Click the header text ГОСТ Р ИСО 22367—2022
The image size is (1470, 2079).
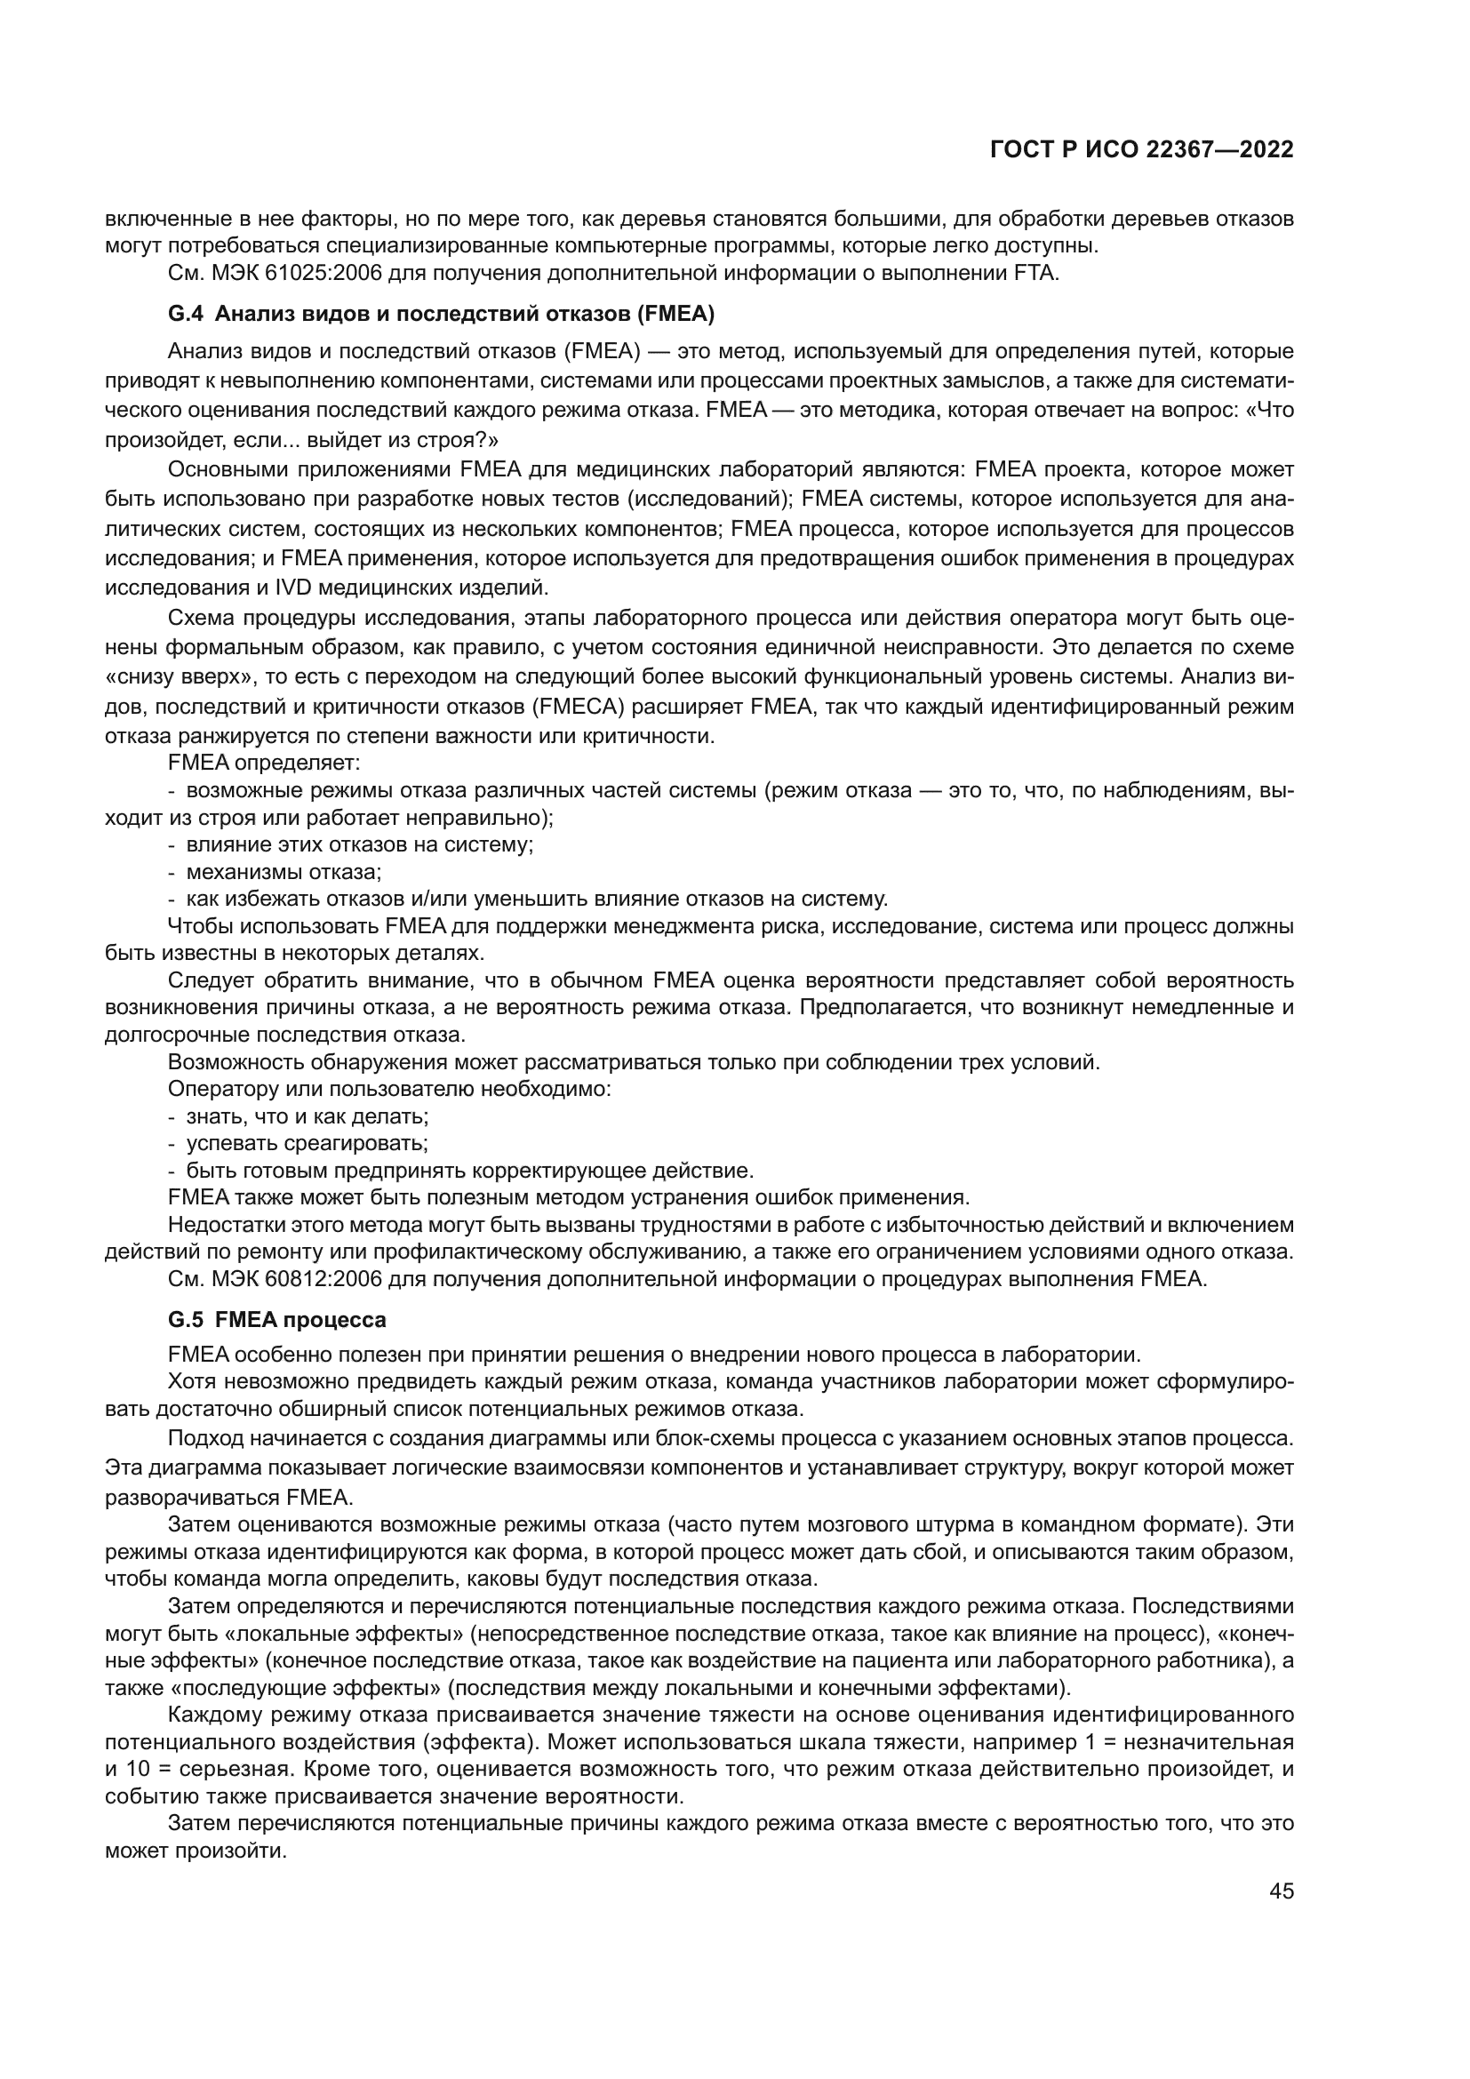pos(1141,150)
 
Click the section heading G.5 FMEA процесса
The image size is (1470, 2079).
pos(277,1320)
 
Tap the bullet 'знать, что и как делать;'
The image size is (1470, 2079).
pos(307,1116)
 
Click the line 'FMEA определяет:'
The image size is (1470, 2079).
pos(264,763)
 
